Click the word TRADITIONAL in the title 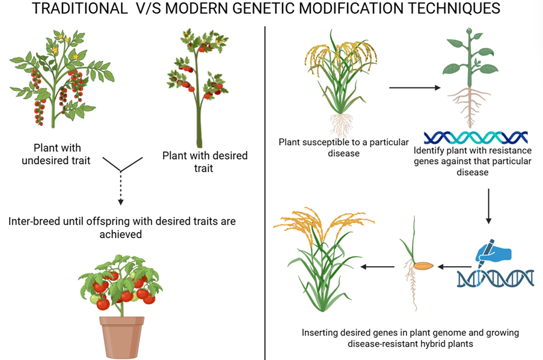coord(80,8)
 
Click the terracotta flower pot coord(122,337)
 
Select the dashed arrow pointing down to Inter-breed coord(120,188)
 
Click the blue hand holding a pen coord(493,252)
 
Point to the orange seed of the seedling coord(423,266)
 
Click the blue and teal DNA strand coord(476,138)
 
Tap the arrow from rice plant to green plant coord(414,88)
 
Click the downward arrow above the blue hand coord(489,206)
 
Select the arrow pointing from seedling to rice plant coord(378,267)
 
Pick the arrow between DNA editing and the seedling coord(455,267)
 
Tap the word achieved coord(120,234)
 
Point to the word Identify coord(428,151)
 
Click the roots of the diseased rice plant coord(342,125)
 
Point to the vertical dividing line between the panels coord(265,193)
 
